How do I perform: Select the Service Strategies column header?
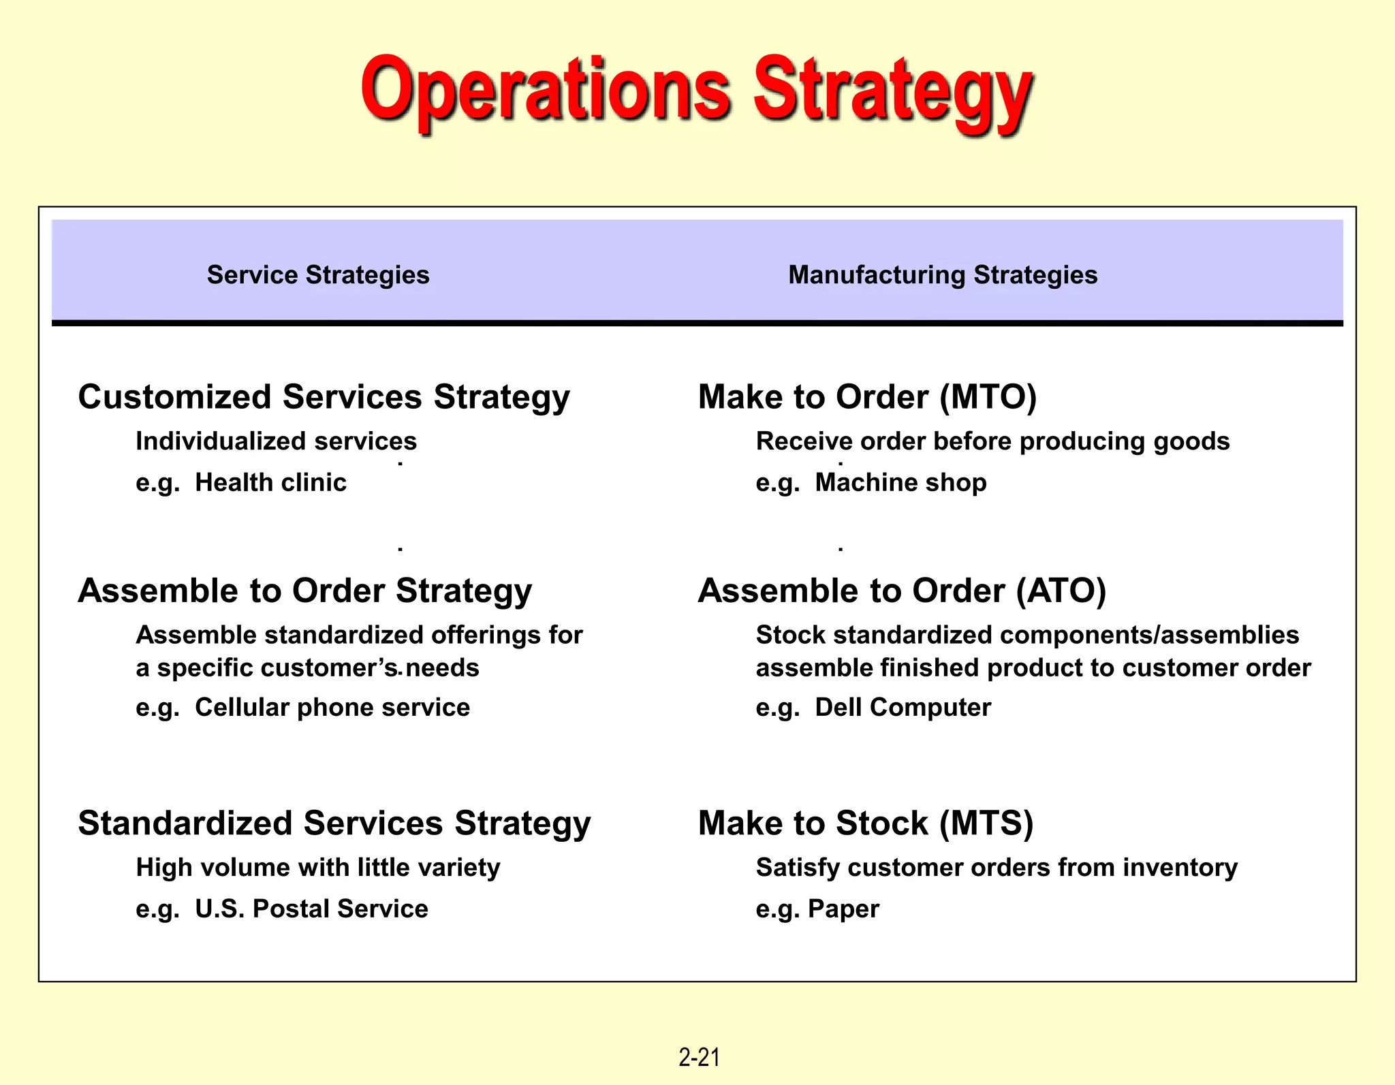click(x=318, y=275)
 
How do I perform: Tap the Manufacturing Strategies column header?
click(x=943, y=275)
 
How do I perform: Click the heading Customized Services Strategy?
click(x=324, y=397)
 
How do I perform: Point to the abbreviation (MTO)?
click(x=988, y=397)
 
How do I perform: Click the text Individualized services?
click(x=276, y=441)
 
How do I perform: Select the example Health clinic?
click(x=270, y=483)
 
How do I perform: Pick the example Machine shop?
click(x=900, y=483)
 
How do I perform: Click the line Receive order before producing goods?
click(x=992, y=441)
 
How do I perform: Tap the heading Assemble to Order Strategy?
click(x=304, y=591)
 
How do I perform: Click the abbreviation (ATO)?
click(x=1061, y=591)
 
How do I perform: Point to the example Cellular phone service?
click(x=332, y=708)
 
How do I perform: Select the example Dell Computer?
click(x=903, y=708)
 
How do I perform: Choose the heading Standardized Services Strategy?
click(x=334, y=823)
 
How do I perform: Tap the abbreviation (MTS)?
click(x=986, y=823)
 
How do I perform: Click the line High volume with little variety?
click(x=317, y=868)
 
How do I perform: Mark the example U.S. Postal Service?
click(x=311, y=909)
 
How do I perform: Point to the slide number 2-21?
click(x=699, y=1057)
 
